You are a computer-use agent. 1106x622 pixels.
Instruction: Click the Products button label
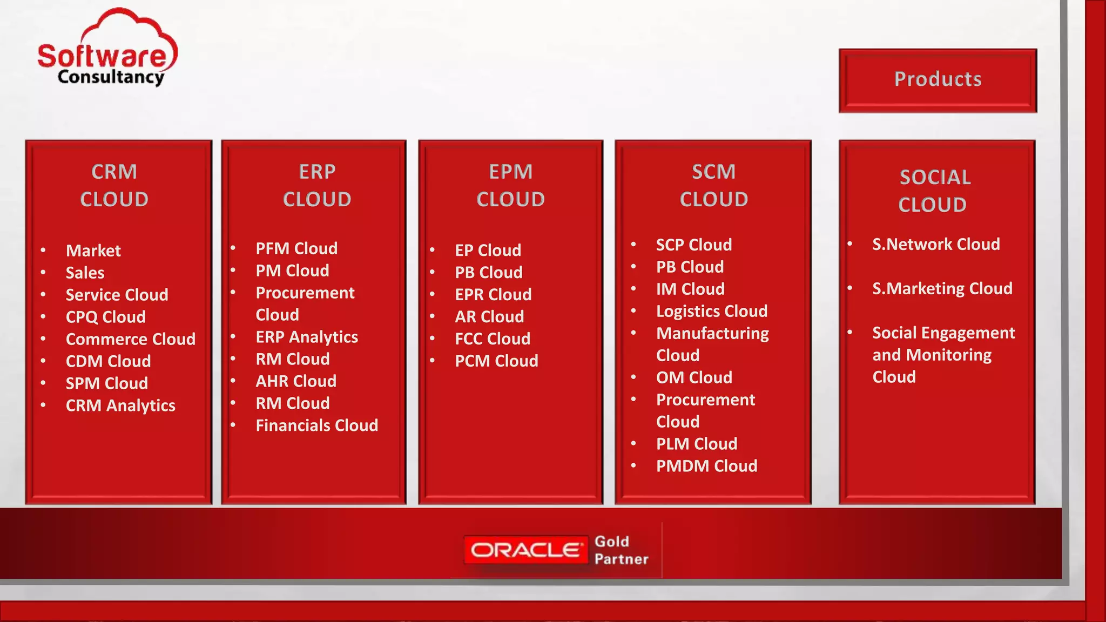[938, 79]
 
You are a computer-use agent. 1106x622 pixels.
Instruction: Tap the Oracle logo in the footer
[525, 550]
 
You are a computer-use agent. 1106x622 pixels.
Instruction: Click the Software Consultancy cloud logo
[107, 49]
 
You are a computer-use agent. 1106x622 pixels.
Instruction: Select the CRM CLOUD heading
[114, 185]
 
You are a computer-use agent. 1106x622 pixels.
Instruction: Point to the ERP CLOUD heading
[317, 185]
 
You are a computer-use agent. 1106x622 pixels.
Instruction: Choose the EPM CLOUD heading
[510, 185]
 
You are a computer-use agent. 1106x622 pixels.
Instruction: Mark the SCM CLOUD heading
[713, 185]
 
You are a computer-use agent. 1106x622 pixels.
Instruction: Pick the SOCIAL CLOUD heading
[934, 191]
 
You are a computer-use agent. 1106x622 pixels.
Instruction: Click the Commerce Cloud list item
[130, 339]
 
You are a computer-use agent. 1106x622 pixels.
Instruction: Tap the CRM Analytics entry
[120, 405]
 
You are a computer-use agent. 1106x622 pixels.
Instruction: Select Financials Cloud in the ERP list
[316, 425]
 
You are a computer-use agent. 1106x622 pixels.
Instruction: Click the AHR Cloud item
[296, 381]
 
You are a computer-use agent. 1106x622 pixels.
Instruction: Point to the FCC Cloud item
[493, 339]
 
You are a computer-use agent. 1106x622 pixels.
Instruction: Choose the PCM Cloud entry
[496, 361]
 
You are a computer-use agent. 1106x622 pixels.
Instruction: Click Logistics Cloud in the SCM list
[711, 311]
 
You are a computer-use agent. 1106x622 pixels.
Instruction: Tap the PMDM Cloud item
[706, 466]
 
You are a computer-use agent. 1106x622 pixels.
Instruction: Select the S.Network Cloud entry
[936, 244]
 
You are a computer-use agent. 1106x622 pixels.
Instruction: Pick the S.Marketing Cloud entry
[942, 288]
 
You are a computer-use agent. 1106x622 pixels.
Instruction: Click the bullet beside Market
[43, 251]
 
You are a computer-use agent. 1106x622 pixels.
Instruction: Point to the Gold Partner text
[621, 550]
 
